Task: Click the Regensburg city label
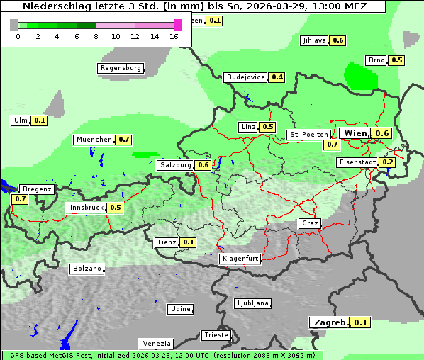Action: pos(120,68)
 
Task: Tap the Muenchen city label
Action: pos(94,140)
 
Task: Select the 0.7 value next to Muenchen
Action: pos(124,140)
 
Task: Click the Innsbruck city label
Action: pos(86,208)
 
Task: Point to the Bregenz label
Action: pos(37,189)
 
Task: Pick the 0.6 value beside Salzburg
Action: pos(203,165)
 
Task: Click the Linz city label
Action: pos(248,127)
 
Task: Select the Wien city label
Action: pos(355,133)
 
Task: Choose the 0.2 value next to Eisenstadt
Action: pos(387,162)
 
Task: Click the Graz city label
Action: pos(310,223)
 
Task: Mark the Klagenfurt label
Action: pos(240,259)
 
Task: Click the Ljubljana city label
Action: pos(252,303)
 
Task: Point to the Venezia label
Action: pos(155,343)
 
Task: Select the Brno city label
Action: pos(376,60)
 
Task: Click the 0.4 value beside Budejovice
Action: pos(277,77)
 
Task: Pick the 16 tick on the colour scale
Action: pos(174,36)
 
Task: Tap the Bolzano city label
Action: pos(87,269)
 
